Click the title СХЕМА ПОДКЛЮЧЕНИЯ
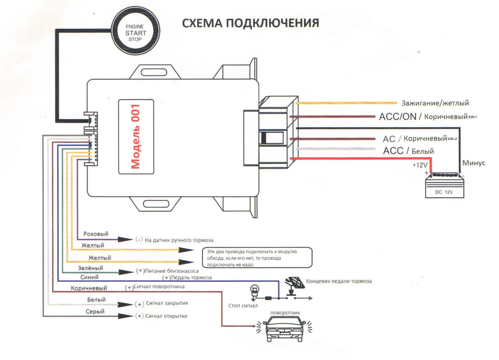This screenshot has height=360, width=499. [x=250, y=23]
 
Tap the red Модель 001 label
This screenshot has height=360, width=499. [x=136, y=136]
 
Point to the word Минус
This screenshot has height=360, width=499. [x=474, y=163]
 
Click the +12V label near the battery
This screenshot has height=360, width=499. [x=420, y=165]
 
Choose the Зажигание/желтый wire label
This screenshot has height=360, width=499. [x=435, y=103]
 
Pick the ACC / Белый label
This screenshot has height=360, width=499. [x=408, y=151]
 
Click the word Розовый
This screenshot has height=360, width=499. [x=96, y=234]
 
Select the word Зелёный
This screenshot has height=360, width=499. [x=90, y=268]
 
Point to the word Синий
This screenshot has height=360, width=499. [x=89, y=277]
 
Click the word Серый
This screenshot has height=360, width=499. [x=95, y=311]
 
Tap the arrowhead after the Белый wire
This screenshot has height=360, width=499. [x=125, y=305]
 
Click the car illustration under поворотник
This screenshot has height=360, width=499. [x=284, y=329]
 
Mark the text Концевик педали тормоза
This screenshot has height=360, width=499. [x=339, y=281]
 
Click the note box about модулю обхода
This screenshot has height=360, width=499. [x=257, y=258]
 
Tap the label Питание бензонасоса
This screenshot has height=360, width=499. [x=172, y=271]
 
